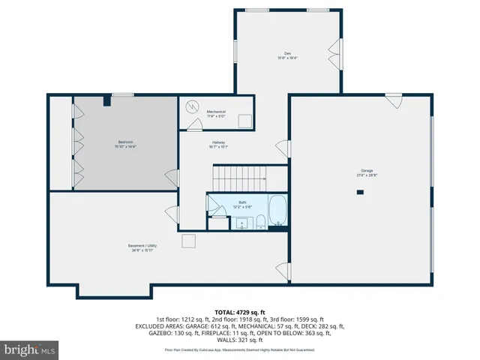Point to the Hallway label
pyautogui.click(x=218, y=144)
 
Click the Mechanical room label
pyautogui.click(x=216, y=113)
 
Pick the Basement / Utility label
pyautogui.click(x=141, y=247)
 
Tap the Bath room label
pyautogui.click(x=242, y=202)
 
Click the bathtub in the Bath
pyautogui.click(x=277, y=211)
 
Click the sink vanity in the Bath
pyautogui.click(x=242, y=223)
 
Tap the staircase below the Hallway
pyautogui.click(x=238, y=178)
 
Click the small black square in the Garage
pyautogui.click(x=360, y=192)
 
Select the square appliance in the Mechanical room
pyautogui.click(x=244, y=121)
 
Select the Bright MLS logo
pyautogui.click(x=30, y=349)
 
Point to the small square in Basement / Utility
pyautogui.click(x=188, y=241)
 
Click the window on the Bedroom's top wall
pyautogui.click(x=123, y=94)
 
